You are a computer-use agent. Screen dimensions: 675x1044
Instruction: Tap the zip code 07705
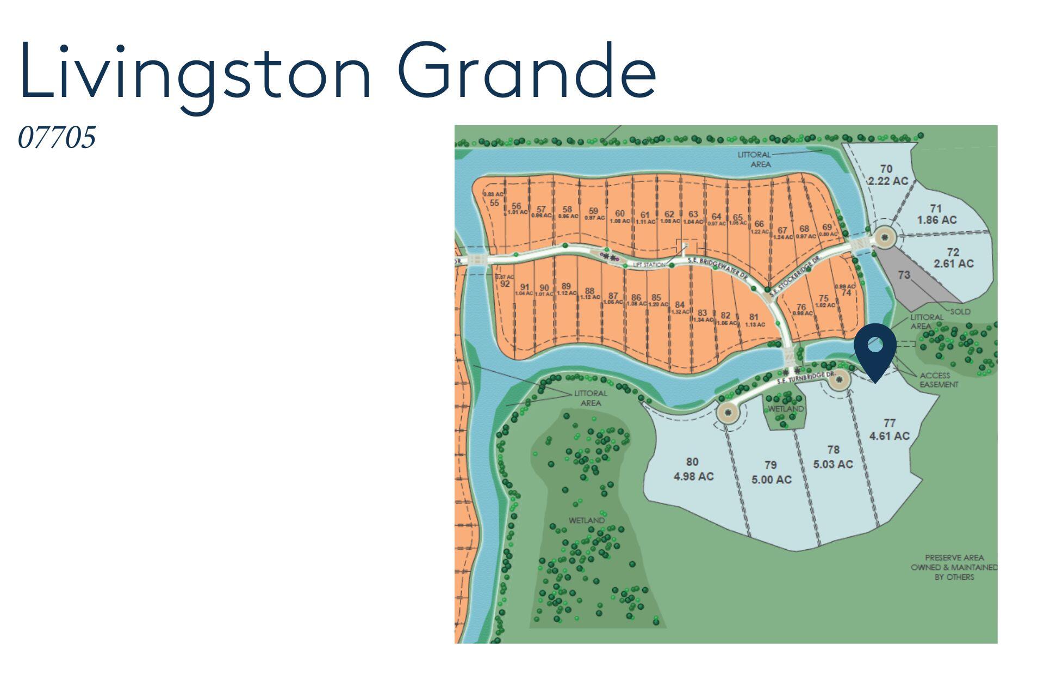(x=57, y=137)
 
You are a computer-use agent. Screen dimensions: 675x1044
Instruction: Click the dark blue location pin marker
(x=875, y=348)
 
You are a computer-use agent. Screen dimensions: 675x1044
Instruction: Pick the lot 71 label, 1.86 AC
(x=936, y=214)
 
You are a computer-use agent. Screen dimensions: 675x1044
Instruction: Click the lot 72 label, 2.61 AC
(x=953, y=258)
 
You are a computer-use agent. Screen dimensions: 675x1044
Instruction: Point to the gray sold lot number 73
(x=904, y=275)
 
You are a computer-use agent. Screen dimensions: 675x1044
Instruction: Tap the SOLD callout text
(x=960, y=312)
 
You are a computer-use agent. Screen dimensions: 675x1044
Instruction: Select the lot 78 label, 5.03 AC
(x=833, y=457)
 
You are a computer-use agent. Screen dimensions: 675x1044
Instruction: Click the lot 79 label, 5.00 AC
(x=771, y=472)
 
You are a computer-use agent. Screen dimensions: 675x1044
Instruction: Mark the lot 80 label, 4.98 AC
(x=693, y=469)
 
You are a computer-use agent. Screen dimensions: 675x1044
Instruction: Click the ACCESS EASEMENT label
(x=938, y=380)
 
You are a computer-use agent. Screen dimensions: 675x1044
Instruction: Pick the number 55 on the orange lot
(x=494, y=203)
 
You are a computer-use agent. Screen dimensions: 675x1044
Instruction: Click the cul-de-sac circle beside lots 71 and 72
(x=885, y=237)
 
